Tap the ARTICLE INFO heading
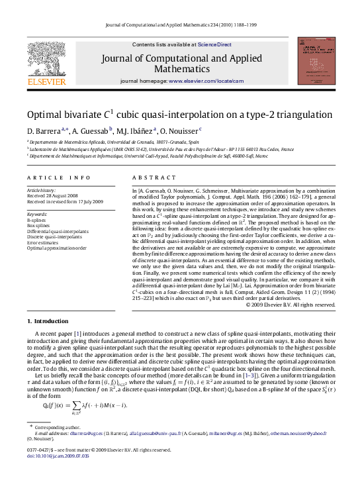[x=59, y=178]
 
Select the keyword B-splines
[x=36, y=219]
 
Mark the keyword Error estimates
[x=42, y=242]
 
